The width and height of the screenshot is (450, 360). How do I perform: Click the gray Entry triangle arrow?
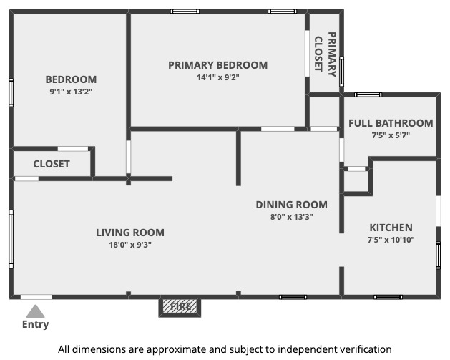(x=35, y=312)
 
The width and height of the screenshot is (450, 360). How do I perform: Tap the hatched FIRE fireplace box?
(x=180, y=306)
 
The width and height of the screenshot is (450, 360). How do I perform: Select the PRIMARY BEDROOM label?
(x=217, y=65)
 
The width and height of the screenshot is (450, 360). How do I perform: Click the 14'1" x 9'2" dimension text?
(x=217, y=77)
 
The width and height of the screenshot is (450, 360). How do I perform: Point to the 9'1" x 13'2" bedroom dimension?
(x=71, y=92)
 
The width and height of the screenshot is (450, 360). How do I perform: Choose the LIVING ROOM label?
(x=130, y=233)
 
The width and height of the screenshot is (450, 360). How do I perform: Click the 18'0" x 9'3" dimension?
(x=130, y=245)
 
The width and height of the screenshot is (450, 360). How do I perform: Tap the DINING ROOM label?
(x=292, y=205)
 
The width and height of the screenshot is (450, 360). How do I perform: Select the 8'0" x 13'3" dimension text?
(x=292, y=217)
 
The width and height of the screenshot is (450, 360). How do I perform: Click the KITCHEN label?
(x=391, y=228)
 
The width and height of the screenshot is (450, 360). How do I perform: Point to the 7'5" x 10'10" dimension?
(x=391, y=240)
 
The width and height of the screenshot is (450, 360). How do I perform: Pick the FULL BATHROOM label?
(x=391, y=123)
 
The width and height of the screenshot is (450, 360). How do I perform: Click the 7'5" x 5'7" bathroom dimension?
(x=391, y=135)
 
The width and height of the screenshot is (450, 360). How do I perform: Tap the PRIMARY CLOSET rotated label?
(x=326, y=54)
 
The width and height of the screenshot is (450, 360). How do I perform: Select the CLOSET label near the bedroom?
(x=52, y=164)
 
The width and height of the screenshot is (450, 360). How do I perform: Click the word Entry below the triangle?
(x=35, y=324)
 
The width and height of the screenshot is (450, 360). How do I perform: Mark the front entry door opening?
(x=36, y=297)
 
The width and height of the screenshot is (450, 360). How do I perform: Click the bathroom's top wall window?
(x=368, y=94)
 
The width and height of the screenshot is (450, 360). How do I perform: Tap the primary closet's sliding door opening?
(x=307, y=54)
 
